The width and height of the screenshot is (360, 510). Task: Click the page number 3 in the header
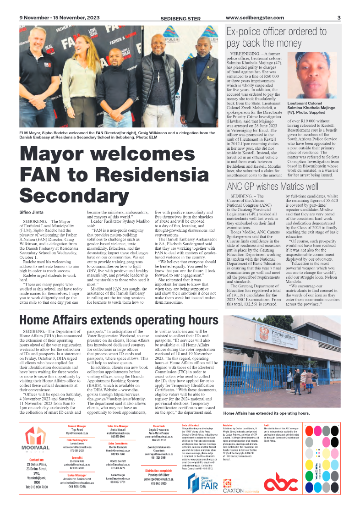tap(339, 18)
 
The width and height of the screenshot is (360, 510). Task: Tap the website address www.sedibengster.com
tap(255, 18)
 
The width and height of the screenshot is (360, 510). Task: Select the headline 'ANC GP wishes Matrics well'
tap(273, 186)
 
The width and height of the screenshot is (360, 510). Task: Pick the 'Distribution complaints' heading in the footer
tap(159, 471)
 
